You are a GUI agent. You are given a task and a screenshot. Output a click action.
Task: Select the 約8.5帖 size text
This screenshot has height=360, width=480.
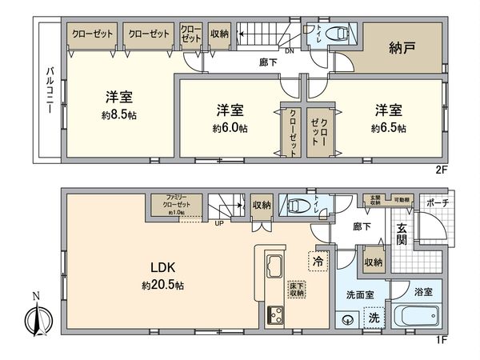(118, 114)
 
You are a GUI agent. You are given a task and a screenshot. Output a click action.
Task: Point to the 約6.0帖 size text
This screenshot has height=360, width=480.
(230, 127)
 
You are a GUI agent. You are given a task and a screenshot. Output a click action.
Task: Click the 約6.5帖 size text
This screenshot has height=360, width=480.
(388, 127)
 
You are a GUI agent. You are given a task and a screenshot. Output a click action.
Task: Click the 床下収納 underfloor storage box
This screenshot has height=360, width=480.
(296, 290)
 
